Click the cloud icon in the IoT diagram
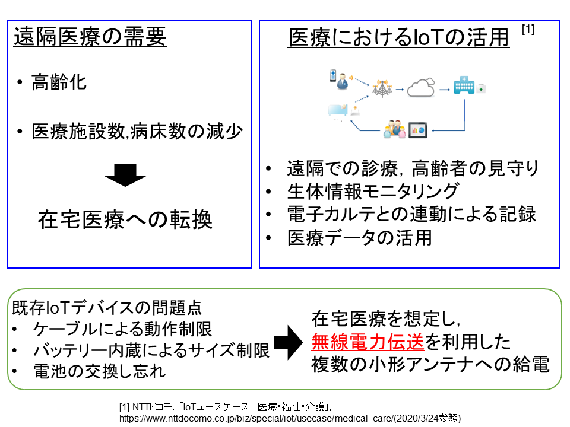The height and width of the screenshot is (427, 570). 420,88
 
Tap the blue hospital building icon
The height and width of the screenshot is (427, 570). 464,85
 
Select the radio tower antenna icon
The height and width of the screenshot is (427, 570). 382,88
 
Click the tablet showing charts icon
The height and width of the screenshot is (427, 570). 417,130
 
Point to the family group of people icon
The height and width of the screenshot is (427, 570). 394,129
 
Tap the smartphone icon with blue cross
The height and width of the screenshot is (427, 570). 332,75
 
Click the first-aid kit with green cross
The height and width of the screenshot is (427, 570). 482,88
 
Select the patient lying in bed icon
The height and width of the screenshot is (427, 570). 338,110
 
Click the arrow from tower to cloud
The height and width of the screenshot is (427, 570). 400,90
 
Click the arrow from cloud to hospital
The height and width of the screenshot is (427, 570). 445,90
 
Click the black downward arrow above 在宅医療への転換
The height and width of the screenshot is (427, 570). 125,176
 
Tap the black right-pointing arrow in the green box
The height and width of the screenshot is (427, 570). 288,342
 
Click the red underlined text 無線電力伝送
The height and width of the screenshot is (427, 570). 368,342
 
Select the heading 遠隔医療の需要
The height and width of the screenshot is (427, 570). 90,37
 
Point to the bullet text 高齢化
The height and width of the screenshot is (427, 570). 59,82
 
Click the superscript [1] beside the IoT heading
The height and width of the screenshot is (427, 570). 528,29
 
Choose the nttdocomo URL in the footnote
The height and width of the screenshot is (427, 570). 290,418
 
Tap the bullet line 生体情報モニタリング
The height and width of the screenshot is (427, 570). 373,191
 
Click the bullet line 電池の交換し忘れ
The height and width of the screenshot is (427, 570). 99,371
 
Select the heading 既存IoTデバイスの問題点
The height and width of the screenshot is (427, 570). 107,308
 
